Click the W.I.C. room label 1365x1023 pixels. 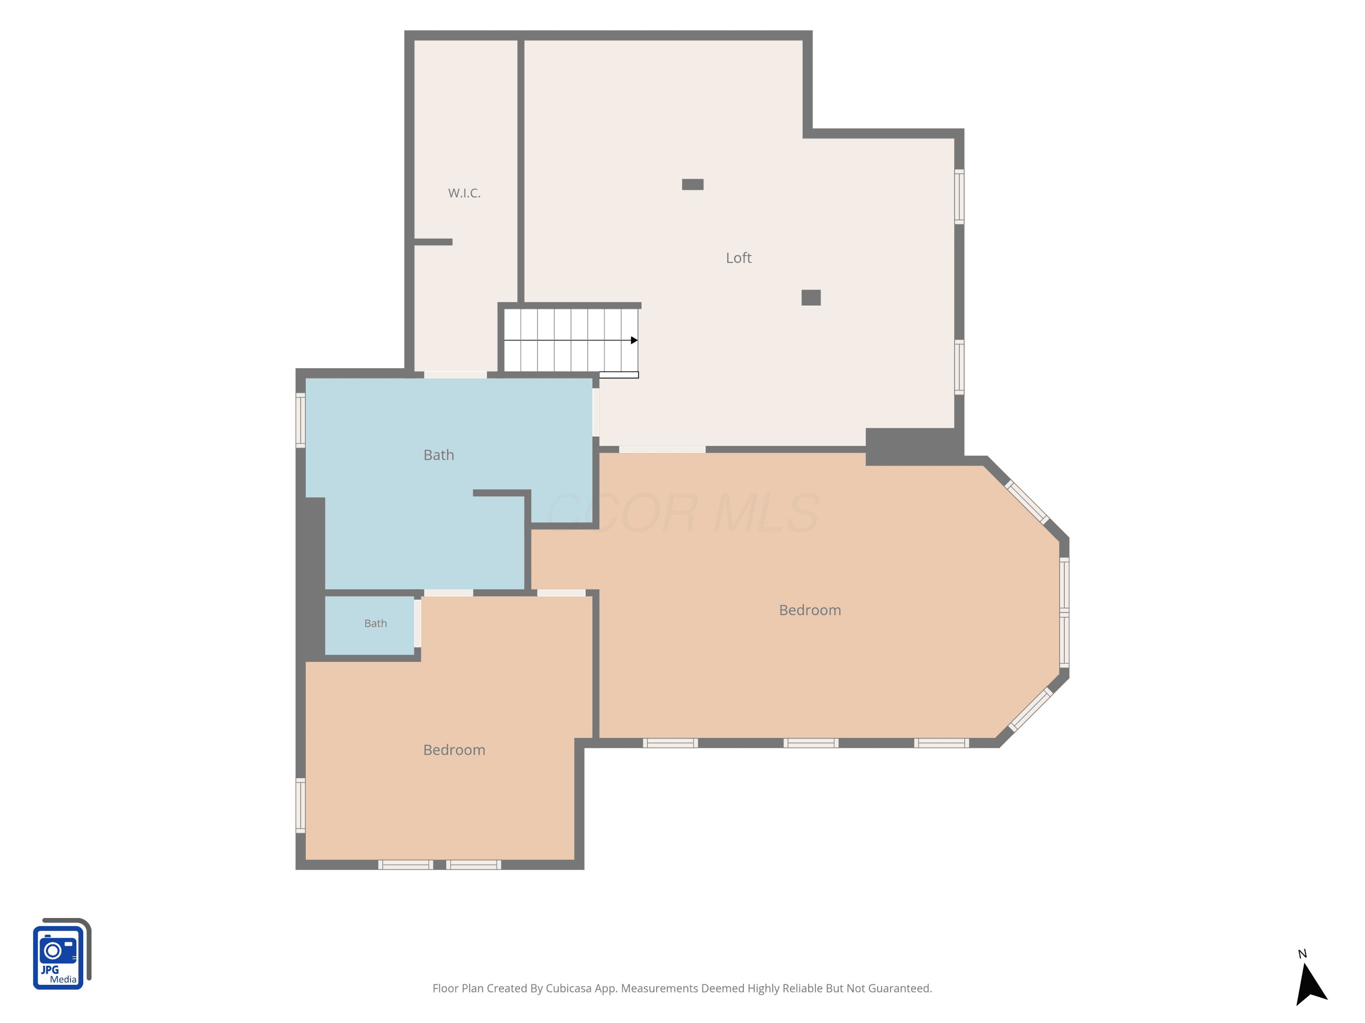pos(464,193)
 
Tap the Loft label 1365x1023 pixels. pos(738,258)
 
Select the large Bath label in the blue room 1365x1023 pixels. pos(439,455)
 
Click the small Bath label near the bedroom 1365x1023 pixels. pos(375,623)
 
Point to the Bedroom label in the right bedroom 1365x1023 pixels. pos(809,610)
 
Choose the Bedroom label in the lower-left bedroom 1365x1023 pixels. pos(454,750)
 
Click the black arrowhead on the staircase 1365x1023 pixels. pos(634,341)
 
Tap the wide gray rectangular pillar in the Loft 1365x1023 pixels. pos(693,185)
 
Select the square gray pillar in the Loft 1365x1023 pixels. pos(811,298)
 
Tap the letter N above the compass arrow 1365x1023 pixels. pos(1302,954)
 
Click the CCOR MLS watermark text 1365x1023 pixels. pos(682,513)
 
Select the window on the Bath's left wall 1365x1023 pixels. pos(300,421)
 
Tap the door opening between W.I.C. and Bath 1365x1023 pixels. pos(455,375)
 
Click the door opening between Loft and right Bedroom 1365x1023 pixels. pos(662,450)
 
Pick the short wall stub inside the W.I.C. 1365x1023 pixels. pos(433,242)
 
